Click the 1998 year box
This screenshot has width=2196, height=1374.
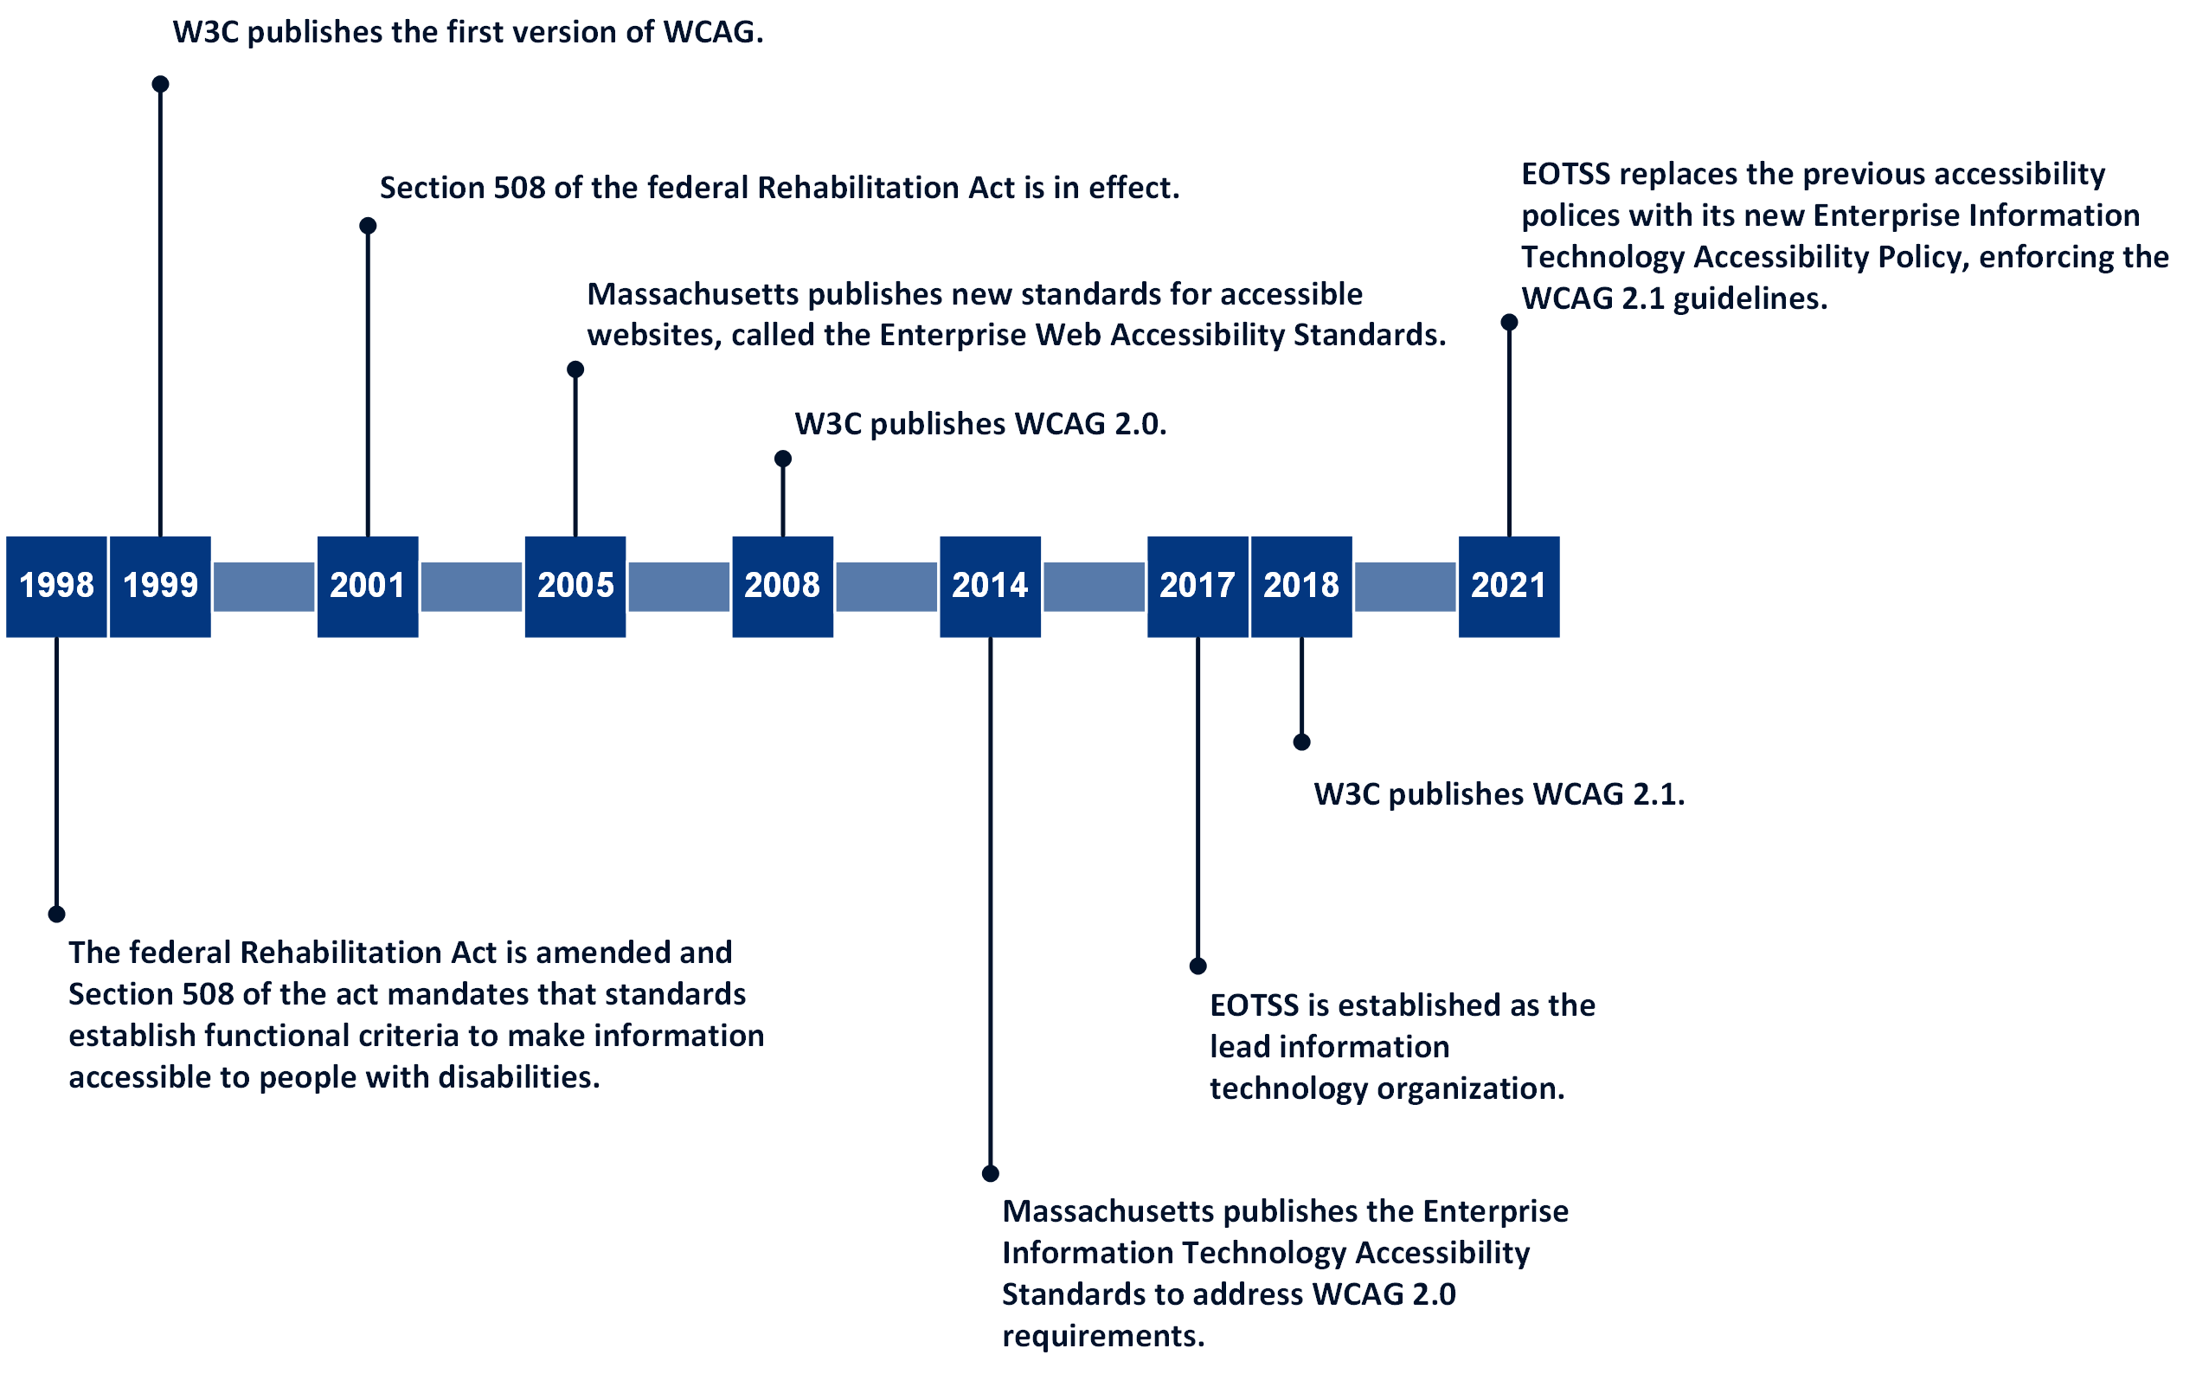tap(56, 586)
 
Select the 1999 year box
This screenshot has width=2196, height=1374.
tap(160, 586)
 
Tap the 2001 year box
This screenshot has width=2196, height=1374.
tap(367, 586)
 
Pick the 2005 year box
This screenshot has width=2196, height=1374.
tap(575, 586)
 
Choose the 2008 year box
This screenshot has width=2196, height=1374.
tap(782, 586)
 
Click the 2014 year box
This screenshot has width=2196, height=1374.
tap(990, 586)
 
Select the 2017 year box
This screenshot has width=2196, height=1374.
tap(1197, 586)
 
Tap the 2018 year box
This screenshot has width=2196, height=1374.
tap(1301, 586)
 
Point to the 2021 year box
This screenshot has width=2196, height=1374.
tap(1508, 586)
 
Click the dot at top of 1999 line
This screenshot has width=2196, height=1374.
tap(160, 84)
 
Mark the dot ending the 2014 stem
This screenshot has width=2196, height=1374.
tap(991, 1173)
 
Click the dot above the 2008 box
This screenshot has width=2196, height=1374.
tap(782, 459)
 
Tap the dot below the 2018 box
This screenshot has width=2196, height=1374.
tap(1301, 742)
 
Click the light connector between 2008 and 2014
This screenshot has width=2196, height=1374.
tap(886, 586)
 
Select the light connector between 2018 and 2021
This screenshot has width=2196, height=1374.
tap(1404, 586)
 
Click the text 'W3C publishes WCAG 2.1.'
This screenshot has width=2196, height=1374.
tap(1499, 794)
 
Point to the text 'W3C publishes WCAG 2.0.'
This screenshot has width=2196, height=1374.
tap(979, 423)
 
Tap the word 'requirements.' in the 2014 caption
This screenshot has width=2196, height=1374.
tap(1102, 1335)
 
